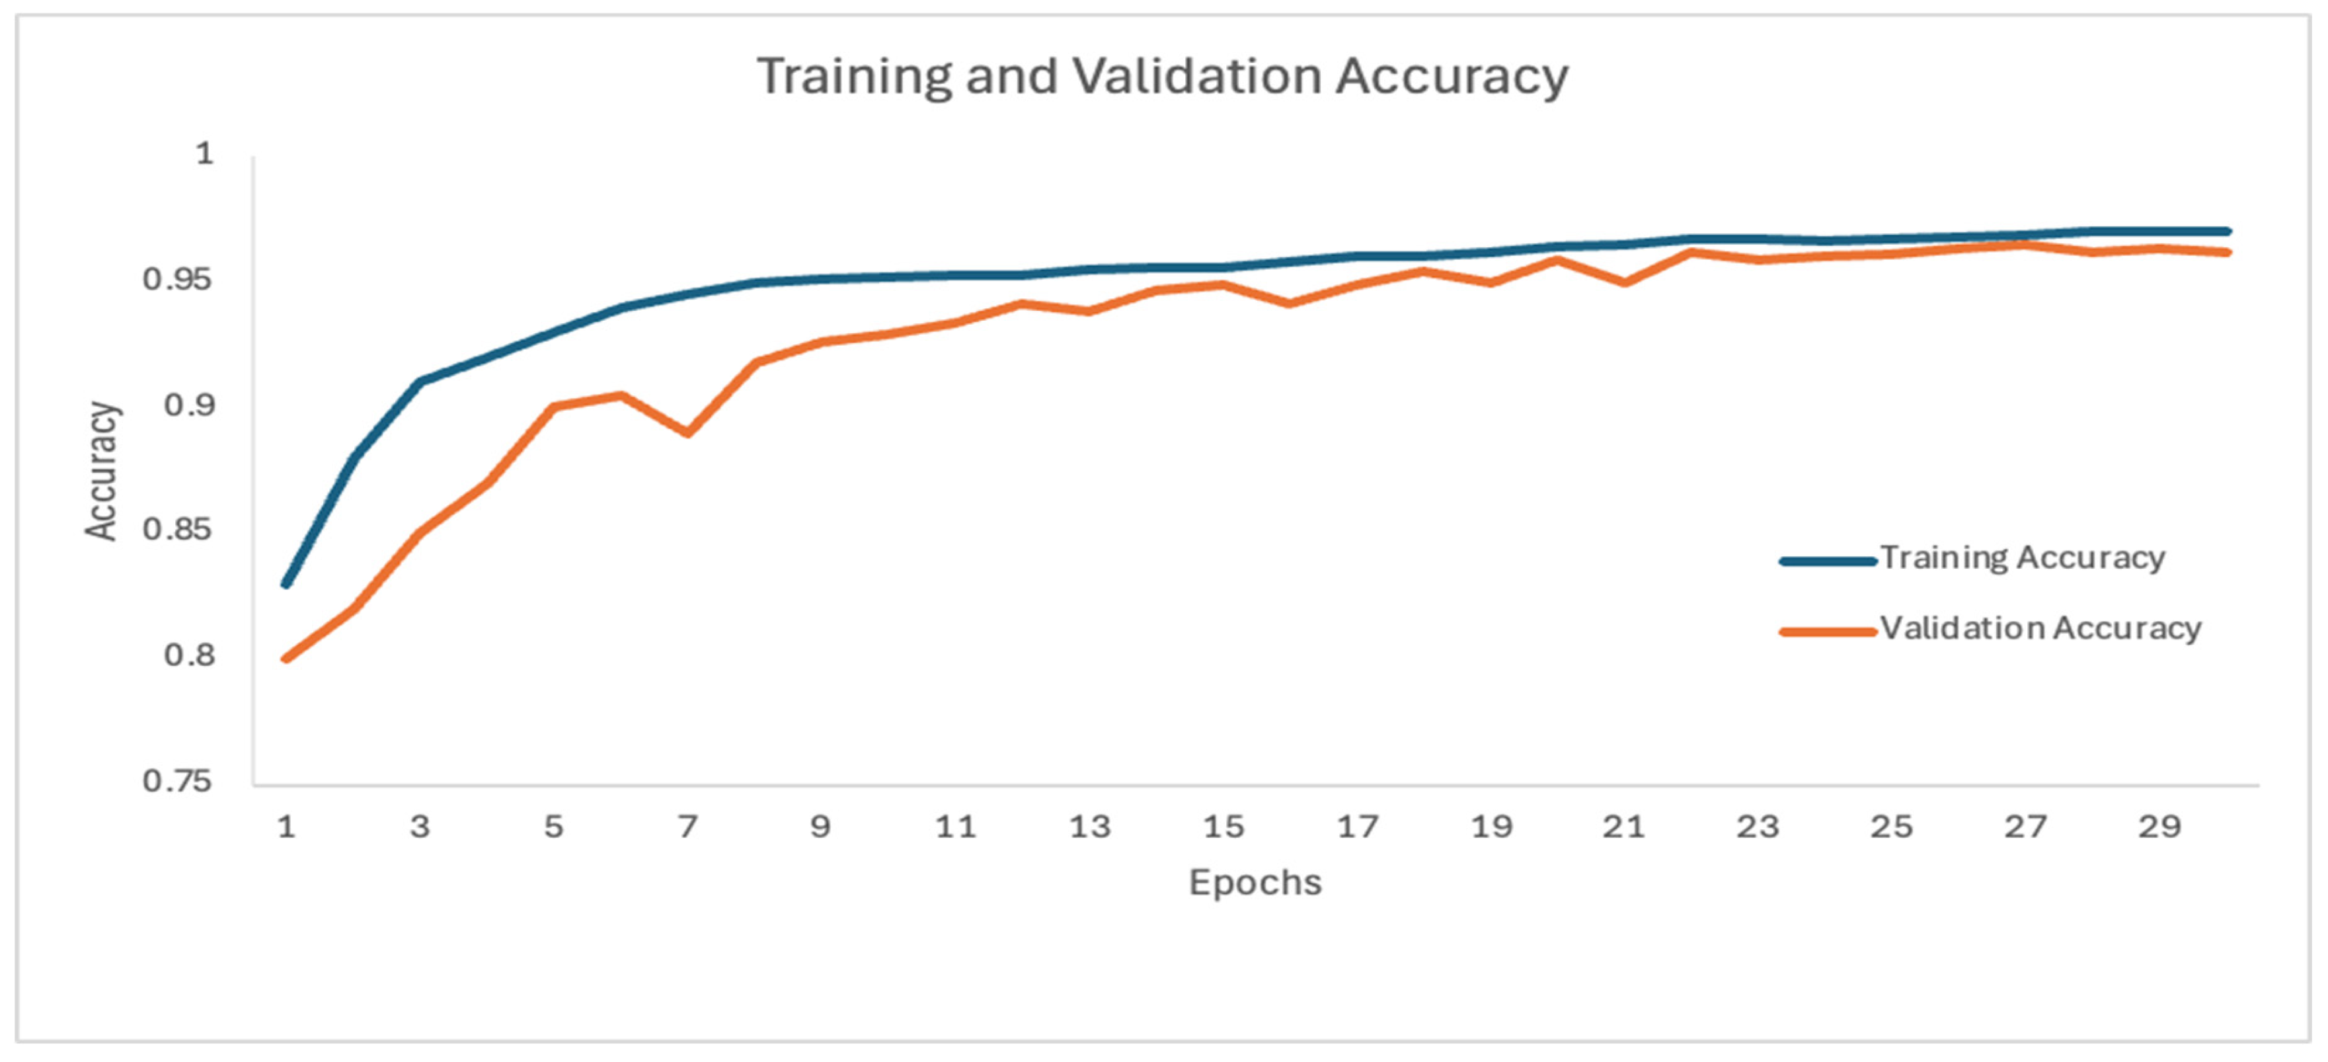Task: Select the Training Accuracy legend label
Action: tap(2023, 557)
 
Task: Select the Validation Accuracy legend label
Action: tap(2040, 628)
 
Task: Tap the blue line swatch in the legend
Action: tap(1828, 561)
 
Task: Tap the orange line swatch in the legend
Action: tap(1828, 632)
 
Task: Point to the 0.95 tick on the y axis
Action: tap(178, 279)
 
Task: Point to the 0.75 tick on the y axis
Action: tap(178, 781)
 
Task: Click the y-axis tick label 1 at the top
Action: tap(205, 153)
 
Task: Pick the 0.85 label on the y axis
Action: tap(178, 530)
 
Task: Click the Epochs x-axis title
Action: tap(1255, 883)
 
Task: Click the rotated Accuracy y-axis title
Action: tap(102, 471)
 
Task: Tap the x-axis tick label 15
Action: tap(1223, 826)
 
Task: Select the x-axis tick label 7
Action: tap(687, 826)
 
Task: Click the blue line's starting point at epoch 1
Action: tap(286, 585)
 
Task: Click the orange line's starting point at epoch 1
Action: tap(286, 659)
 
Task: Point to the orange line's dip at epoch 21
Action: tap(1625, 283)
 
